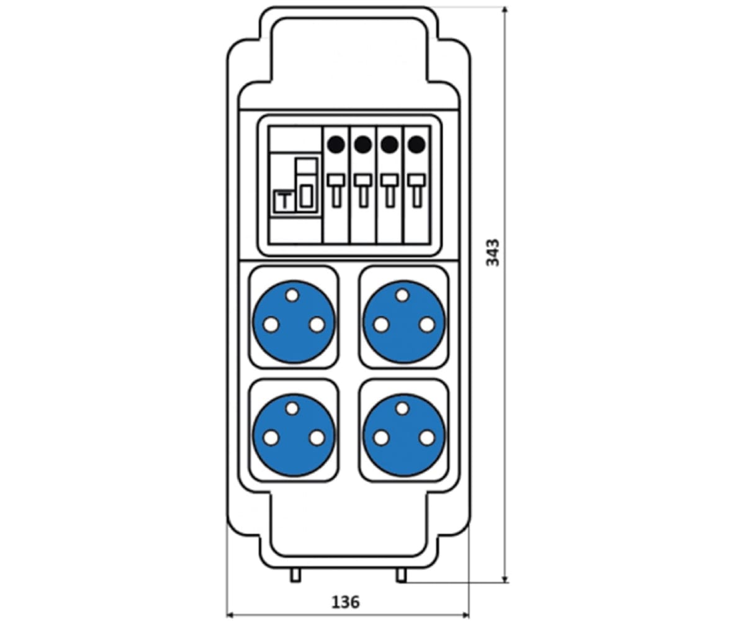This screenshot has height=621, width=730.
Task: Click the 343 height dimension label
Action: click(493, 253)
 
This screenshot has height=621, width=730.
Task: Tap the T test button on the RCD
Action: click(283, 201)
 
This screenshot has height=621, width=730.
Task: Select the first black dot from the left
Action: click(336, 145)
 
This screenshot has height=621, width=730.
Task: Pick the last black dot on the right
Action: click(417, 145)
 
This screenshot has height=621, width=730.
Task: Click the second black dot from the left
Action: click(363, 145)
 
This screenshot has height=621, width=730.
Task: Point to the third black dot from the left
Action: click(390, 145)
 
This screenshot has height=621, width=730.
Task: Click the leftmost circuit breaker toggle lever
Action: click(336, 190)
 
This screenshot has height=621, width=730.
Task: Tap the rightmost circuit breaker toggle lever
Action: click(417, 190)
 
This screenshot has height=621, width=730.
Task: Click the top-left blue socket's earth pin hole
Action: click(292, 295)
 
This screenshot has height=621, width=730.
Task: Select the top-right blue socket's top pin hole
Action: click(403, 295)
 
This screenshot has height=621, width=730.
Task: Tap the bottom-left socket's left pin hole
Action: click(271, 438)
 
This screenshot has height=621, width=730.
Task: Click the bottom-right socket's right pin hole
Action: click(426, 438)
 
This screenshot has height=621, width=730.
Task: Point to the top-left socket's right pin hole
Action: click(317, 325)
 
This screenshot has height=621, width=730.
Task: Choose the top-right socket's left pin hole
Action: click(381, 325)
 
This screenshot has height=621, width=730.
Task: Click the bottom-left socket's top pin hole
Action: click(292, 409)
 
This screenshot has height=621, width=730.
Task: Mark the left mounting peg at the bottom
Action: click(295, 575)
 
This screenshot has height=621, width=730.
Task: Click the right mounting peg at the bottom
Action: click(401, 575)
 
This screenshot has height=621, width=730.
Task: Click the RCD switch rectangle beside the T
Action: click(307, 196)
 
